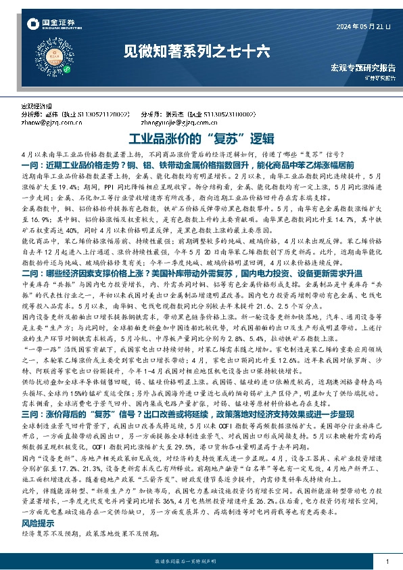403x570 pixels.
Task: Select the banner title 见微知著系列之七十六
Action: (x=200, y=51)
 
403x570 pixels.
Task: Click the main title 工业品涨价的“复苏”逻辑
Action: (x=201, y=140)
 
